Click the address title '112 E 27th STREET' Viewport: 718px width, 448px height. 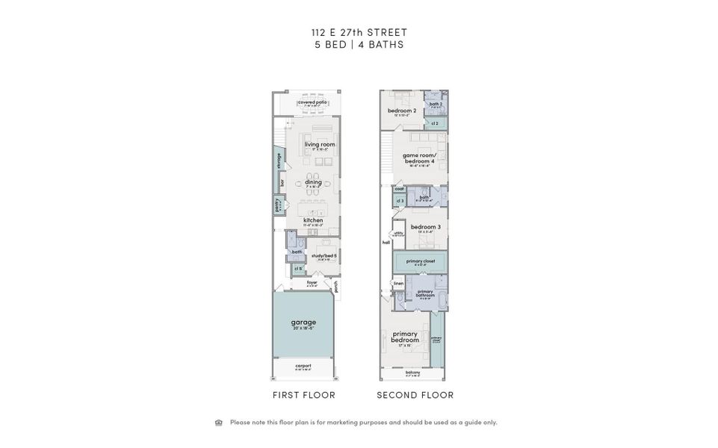click(359, 32)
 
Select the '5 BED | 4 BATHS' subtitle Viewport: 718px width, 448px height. click(359, 45)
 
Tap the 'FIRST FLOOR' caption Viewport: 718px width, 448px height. click(303, 395)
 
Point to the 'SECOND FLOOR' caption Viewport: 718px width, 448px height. click(415, 395)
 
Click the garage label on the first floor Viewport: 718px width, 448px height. click(303, 323)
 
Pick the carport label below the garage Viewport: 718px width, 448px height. click(303, 366)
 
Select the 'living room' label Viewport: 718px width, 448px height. click(319, 144)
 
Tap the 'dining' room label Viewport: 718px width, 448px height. click(313, 181)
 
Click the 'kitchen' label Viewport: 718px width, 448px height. click(313, 220)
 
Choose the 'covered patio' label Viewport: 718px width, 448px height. click(312, 102)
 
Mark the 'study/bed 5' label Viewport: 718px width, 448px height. click(324, 256)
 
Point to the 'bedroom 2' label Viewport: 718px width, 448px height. click(402, 111)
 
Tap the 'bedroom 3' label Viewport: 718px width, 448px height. click(425, 226)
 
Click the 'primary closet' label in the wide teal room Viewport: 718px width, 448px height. click(421, 261)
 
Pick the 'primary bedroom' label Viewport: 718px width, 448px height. click(404, 337)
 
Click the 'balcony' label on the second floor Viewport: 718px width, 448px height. click(412, 372)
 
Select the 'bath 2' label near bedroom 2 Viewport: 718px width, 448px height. click(436, 104)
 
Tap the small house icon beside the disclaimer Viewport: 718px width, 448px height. click(219, 423)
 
